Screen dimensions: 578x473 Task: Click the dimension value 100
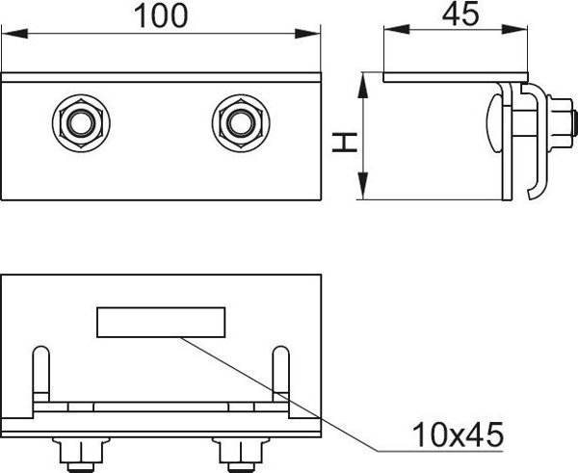(x=161, y=15)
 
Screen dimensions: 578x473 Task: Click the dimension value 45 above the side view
(x=460, y=14)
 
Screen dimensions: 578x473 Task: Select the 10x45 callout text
(x=458, y=434)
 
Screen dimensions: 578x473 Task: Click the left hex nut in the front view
(x=81, y=123)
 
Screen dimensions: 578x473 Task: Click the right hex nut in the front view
(x=241, y=123)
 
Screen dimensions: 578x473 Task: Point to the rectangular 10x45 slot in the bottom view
(x=161, y=322)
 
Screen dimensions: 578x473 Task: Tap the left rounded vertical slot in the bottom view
(x=40, y=374)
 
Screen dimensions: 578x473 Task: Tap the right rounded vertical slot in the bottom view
(x=280, y=374)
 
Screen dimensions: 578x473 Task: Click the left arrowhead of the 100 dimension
(x=14, y=34)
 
